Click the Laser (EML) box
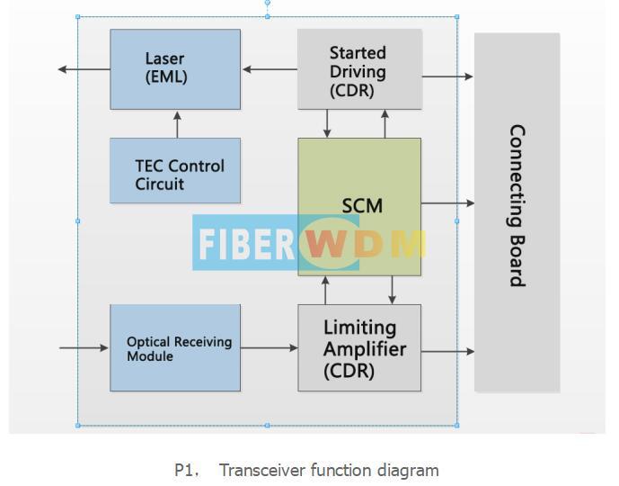[175, 69]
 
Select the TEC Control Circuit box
[175, 170]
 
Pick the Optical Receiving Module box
[175, 348]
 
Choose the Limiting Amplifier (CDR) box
[359, 348]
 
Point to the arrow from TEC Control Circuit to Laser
[177, 124]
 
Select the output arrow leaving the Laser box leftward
[84, 69]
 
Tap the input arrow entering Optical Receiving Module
[84, 347]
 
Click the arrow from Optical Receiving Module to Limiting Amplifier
[270, 347]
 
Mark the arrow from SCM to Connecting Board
[447, 203]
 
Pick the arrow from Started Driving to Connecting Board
[447, 76]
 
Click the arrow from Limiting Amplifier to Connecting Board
[447, 352]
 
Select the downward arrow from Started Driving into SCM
[327, 123]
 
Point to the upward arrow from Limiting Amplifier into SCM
[325, 290]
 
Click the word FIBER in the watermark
[248, 244]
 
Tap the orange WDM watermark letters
[364, 245]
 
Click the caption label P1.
[186, 471]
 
